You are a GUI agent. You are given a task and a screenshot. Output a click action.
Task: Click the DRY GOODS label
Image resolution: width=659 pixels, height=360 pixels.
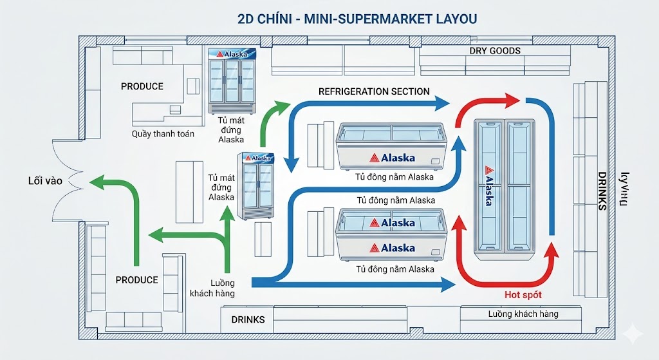tap(494, 51)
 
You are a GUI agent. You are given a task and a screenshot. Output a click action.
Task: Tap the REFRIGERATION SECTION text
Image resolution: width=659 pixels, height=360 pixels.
tap(374, 91)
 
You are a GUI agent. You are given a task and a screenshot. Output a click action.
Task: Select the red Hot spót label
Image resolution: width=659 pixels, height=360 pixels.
tap(523, 294)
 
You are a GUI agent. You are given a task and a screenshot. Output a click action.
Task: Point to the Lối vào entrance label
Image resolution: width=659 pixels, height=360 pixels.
tap(45, 181)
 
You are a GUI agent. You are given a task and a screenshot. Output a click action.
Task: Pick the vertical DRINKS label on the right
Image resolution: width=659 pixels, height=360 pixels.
tap(602, 191)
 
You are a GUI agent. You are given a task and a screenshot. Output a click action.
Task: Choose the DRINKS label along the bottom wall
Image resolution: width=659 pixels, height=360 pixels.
tap(247, 319)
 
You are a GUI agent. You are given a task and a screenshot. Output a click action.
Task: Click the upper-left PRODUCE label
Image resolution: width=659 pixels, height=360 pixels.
tap(142, 86)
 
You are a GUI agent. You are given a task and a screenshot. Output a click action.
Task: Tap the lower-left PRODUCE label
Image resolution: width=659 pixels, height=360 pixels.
tap(136, 280)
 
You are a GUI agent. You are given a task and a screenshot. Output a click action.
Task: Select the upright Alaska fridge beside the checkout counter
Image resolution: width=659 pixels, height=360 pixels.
tap(232, 81)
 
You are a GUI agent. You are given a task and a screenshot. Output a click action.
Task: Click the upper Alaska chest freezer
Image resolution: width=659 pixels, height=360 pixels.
tap(390, 147)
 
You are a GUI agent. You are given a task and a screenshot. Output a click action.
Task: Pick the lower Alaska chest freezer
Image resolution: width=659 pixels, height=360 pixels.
tap(390, 236)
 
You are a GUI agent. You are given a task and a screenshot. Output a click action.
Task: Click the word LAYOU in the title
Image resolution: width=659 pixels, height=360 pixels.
tap(450, 19)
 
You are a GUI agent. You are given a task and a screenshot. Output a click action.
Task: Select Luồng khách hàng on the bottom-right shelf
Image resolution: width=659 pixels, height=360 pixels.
tap(523, 314)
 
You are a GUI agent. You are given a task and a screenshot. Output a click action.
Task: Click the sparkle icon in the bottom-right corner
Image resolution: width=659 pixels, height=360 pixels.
tap(634, 334)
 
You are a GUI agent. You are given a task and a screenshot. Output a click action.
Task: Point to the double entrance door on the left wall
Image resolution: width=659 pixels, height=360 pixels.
tap(64, 181)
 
